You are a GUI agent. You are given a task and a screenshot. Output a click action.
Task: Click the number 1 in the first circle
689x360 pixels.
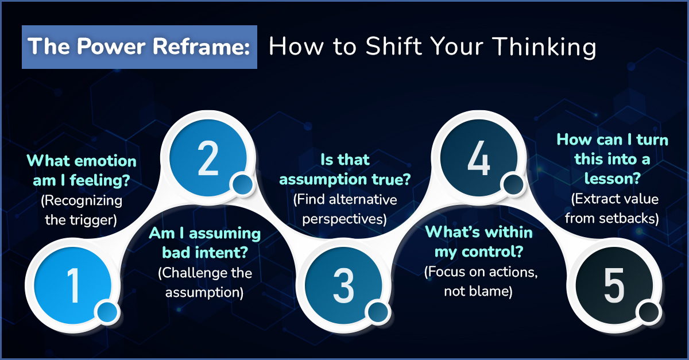(74, 285)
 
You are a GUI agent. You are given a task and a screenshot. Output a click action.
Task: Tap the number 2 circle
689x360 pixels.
(208, 158)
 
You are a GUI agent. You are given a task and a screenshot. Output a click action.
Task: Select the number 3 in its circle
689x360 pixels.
(343, 285)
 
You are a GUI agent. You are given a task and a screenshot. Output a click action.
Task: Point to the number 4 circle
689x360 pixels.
(479, 158)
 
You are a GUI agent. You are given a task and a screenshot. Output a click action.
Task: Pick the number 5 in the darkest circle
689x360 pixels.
(614, 285)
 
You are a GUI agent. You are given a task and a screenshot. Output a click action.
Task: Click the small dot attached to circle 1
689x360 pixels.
(107, 312)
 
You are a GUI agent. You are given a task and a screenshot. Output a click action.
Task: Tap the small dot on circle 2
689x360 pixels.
(243, 184)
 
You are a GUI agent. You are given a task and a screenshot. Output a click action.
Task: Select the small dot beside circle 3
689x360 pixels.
(378, 312)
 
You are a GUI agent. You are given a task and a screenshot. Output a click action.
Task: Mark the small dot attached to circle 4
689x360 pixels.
(513, 184)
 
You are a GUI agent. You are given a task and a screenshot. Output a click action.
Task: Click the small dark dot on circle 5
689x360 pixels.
(649, 312)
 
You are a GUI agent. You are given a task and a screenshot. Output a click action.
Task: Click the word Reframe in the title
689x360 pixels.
(201, 47)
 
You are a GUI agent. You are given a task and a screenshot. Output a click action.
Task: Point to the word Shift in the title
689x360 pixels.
(394, 46)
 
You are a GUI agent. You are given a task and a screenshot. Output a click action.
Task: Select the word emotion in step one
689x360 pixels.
(106, 161)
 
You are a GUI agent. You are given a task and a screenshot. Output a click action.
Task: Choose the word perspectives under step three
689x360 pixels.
(344, 219)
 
